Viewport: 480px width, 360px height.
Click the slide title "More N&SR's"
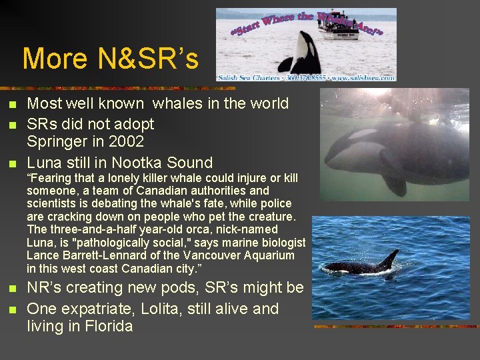pos(111,59)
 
